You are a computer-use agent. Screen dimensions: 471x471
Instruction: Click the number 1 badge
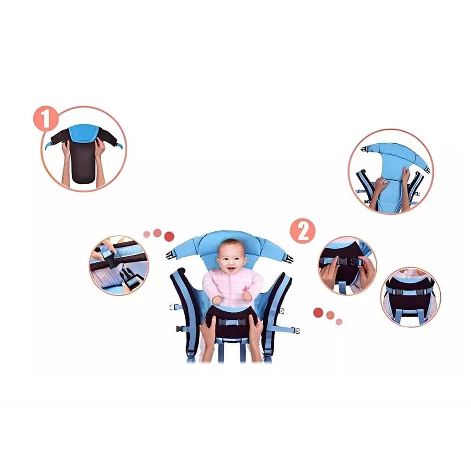[46, 118]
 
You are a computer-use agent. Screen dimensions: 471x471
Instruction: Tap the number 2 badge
[302, 231]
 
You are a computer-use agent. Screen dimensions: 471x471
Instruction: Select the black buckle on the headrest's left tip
[170, 255]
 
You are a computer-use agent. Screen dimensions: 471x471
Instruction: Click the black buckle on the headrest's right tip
[288, 259]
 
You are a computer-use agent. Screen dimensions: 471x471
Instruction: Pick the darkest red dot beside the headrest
[169, 236]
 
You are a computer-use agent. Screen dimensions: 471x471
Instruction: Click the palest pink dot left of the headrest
[146, 235]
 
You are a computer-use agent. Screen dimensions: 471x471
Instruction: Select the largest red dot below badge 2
[318, 312]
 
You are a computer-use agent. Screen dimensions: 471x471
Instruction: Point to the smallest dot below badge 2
[339, 322]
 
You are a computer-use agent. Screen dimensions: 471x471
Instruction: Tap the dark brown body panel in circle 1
[82, 162]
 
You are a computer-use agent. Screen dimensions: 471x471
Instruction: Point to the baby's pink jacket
[232, 287]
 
